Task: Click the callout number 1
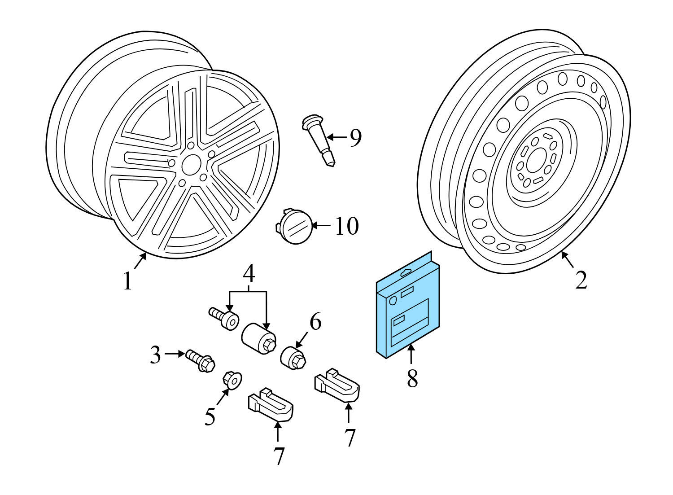click(x=128, y=281)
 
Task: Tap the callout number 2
click(x=581, y=280)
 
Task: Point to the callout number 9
click(x=355, y=138)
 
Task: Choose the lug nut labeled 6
click(x=293, y=357)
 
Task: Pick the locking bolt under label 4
click(x=225, y=318)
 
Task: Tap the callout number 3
click(x=155, y=355)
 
